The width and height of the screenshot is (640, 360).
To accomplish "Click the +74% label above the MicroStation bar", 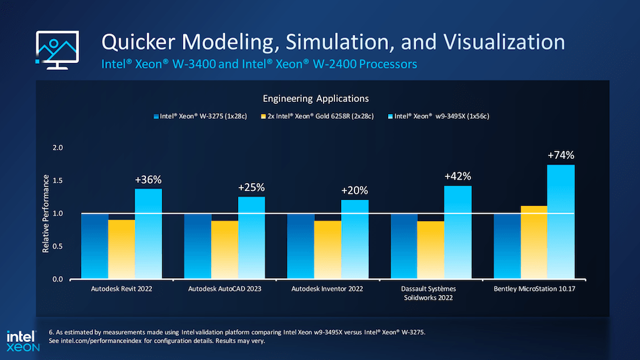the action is click(x=561, y=155).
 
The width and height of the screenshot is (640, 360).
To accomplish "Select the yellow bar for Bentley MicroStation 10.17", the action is click(x=534, y=243).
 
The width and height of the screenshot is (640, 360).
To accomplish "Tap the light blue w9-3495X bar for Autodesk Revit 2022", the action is click(x=148, y=234).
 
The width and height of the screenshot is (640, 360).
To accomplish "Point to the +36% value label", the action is click(x=148, y=180).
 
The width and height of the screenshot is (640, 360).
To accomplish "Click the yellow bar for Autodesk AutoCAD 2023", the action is click(x=225, y=250).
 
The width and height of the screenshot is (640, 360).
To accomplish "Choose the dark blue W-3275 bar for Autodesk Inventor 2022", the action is click(x=300, y=246).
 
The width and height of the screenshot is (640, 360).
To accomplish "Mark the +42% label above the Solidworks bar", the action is click(x=458, y=176).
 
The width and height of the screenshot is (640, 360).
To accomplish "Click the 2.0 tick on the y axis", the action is click(x=58, y=147).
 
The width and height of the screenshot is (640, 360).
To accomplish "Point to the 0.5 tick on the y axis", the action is click(x=58, y=246).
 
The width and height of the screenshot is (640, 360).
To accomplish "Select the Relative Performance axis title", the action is click(x=46, y=213).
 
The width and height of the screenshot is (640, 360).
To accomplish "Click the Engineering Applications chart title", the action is click(x=316, y=99).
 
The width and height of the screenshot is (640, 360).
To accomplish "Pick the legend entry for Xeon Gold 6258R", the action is click(x=317, y=117).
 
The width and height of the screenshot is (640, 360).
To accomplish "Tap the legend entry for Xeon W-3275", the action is click(x=200, y=117).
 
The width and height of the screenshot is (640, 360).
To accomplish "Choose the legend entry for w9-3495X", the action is click(x=438, y=117).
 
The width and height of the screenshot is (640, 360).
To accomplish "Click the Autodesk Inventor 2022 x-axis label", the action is click(x=327, y=289).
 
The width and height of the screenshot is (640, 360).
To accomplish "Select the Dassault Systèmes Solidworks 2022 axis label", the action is click(x=428, y=293).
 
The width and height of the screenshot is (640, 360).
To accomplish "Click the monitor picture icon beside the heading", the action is click(x=57, y=50).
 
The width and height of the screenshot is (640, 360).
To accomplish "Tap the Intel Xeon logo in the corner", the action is click(x=23, y=341).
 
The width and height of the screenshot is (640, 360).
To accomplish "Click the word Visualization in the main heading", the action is click(x=504, y=42).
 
